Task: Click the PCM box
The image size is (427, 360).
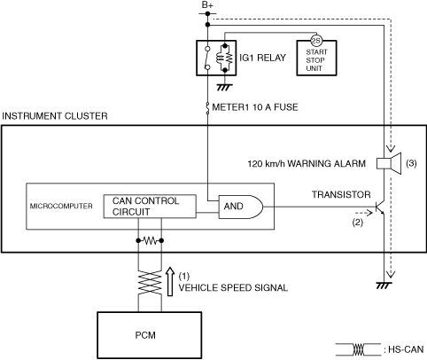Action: click(x=150, y=335)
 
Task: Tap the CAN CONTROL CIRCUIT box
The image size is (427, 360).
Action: click(x=150, y=207)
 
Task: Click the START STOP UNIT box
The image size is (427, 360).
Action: click(x=316, y=59)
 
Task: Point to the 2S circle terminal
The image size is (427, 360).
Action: click(x=316, y=41)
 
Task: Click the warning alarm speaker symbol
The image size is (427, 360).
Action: click(x=389, y=163)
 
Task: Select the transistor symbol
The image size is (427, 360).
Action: click(x=380, y=207)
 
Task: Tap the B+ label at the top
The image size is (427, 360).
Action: click(x=207, y=5)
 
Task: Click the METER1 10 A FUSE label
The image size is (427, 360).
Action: click(x=255, y=107)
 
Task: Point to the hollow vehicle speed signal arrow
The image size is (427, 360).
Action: click(x=170, y=281)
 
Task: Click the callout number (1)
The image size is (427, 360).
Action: click(x=184, y=276)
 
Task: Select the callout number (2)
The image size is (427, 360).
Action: click(x=357, y=222)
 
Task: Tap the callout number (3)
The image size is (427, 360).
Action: click(x=411, y=163)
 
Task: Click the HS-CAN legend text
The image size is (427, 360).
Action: click(x=406, y=349)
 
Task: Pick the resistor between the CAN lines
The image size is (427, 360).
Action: click(x=150, y=241)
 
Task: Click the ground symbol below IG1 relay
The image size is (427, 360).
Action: click(x=225, y=87)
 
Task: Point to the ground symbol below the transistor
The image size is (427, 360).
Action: click(x=384, y=286)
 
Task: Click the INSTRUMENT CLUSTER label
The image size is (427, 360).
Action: click(x=55, y=116)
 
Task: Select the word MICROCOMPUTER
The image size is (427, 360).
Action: click(x=61, y=206)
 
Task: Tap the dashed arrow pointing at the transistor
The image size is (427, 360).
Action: click(x=363, y=213)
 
